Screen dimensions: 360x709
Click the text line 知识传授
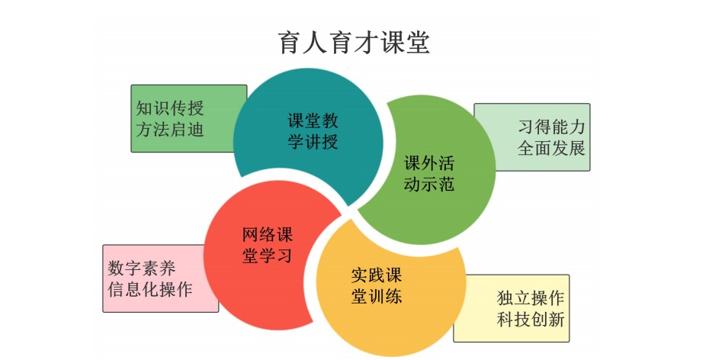click(x=170, y=108)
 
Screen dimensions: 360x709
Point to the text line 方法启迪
click(x=170, y=129)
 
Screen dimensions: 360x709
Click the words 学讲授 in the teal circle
click(x=313, y=142)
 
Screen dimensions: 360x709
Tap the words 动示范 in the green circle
click(x=428, y=184)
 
